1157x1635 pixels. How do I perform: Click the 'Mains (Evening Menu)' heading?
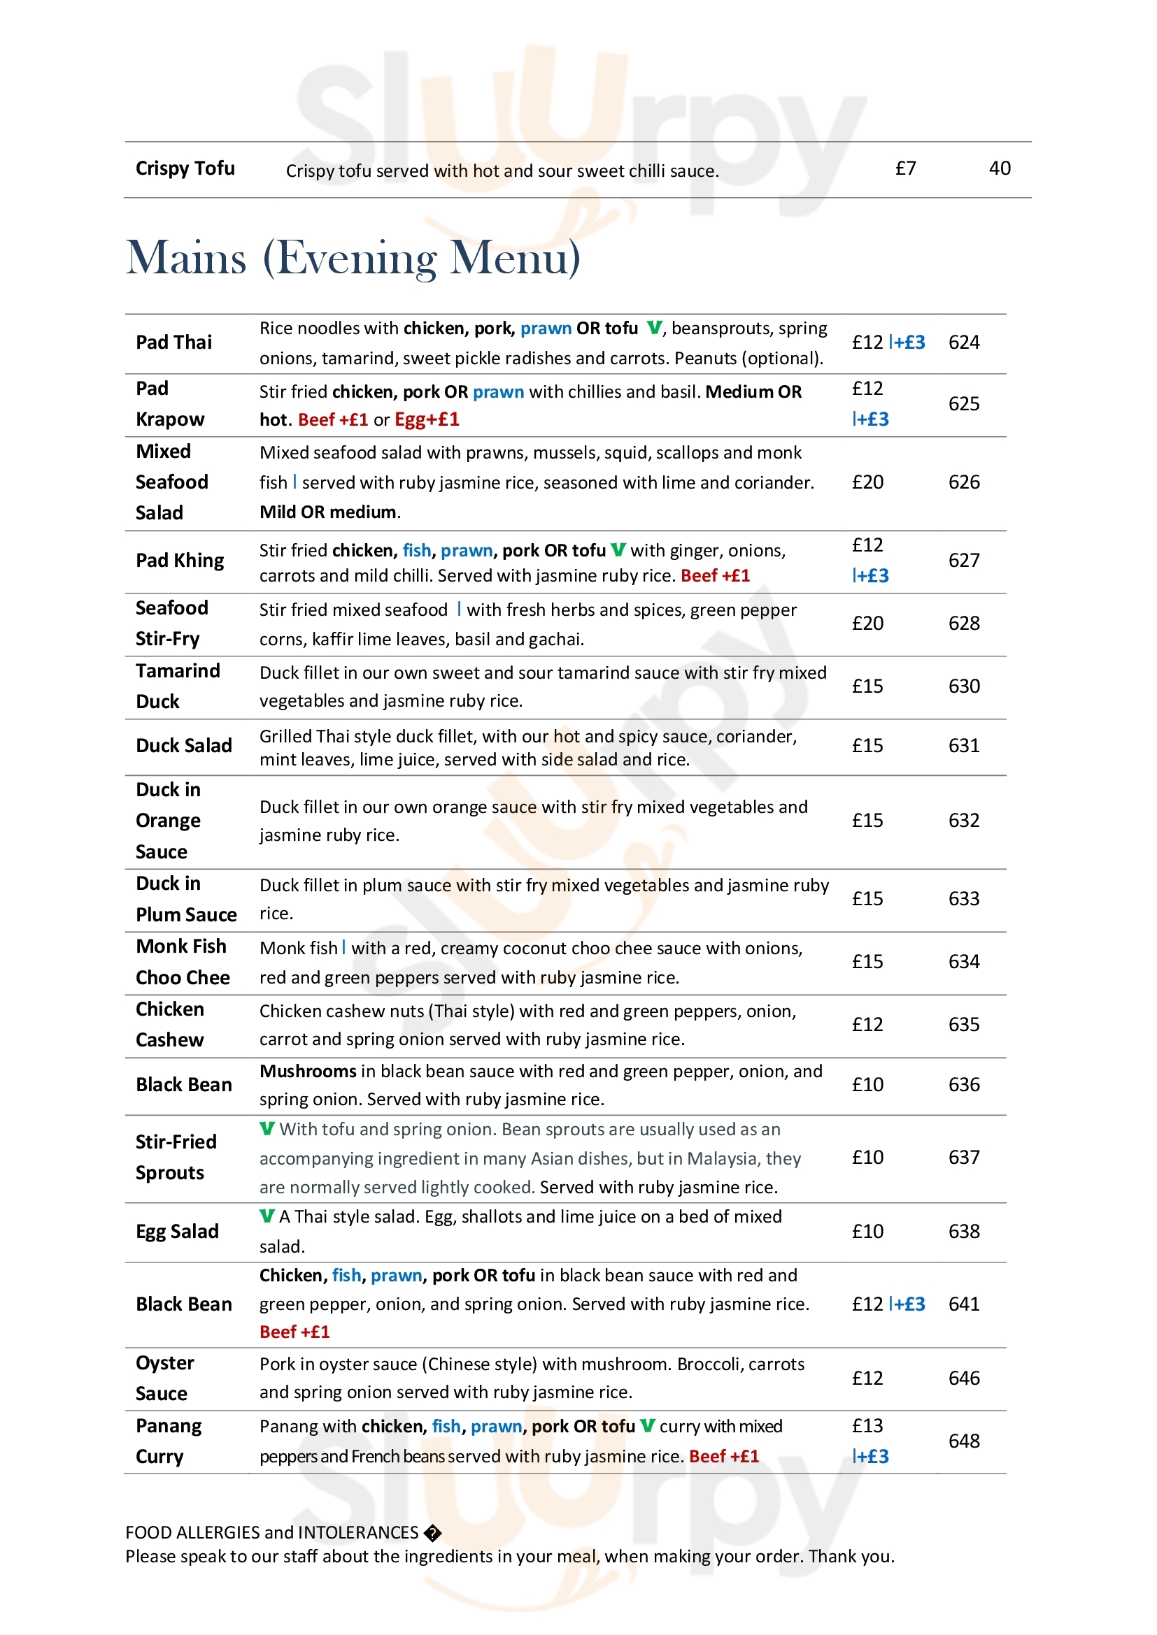coord(353,258)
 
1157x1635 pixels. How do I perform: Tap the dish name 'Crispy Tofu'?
coord(185,168)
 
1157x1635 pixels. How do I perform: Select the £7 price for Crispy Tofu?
coord(904,168)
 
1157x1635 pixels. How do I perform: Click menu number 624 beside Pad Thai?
coord(963,343)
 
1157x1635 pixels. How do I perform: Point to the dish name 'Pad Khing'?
coord(180,561)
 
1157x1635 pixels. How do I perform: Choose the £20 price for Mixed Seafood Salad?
coord(867,482)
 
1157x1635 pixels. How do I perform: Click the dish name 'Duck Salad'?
coord(184,746)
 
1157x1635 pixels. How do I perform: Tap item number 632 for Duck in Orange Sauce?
coord(963,821)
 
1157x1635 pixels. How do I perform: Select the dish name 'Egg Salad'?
coord(177,1231)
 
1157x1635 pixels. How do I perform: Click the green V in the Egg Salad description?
coord(267,1216)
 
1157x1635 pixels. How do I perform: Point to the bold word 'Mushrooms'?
coord(308,1071)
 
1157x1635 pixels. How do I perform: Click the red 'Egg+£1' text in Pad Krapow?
coord(427,419)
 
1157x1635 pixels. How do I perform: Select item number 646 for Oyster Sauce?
coord(963,1378)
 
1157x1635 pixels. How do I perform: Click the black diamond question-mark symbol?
coord(432,1533)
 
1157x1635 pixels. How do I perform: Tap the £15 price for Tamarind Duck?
coord(867,686)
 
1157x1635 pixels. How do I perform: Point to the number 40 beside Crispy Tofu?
coord(1000,168)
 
